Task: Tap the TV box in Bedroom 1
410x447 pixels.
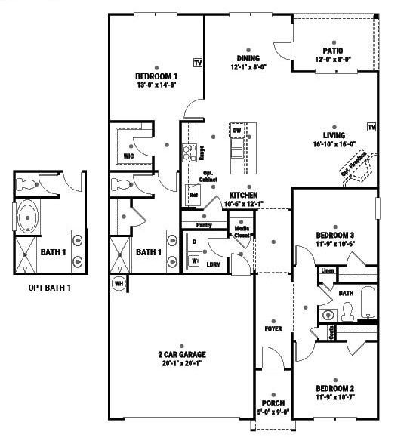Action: click(x=198, y=63)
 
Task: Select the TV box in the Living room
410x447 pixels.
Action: click(x=371, y=126)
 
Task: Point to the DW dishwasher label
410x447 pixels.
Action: click(x=237, y=131)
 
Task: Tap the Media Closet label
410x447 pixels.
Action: click(x=242, y=232)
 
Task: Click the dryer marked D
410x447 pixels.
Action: click(x=194, y=242)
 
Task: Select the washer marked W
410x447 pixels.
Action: click(x=194, y=260)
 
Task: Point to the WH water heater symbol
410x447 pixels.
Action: click(x=119, y=283)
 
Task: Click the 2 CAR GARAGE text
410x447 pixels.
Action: click(x=181, y=353)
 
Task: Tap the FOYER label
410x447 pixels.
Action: click(x=273, y=328)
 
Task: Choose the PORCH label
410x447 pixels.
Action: click(x=273, y=403)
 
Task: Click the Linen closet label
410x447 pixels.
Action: click(x=327, y=270)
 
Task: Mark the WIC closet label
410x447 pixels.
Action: click(x=128, y=156)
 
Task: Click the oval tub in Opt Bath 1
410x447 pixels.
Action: click(x=29, y=217)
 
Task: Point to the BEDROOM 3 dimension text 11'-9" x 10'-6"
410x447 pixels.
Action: click(x=334, y=244)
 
